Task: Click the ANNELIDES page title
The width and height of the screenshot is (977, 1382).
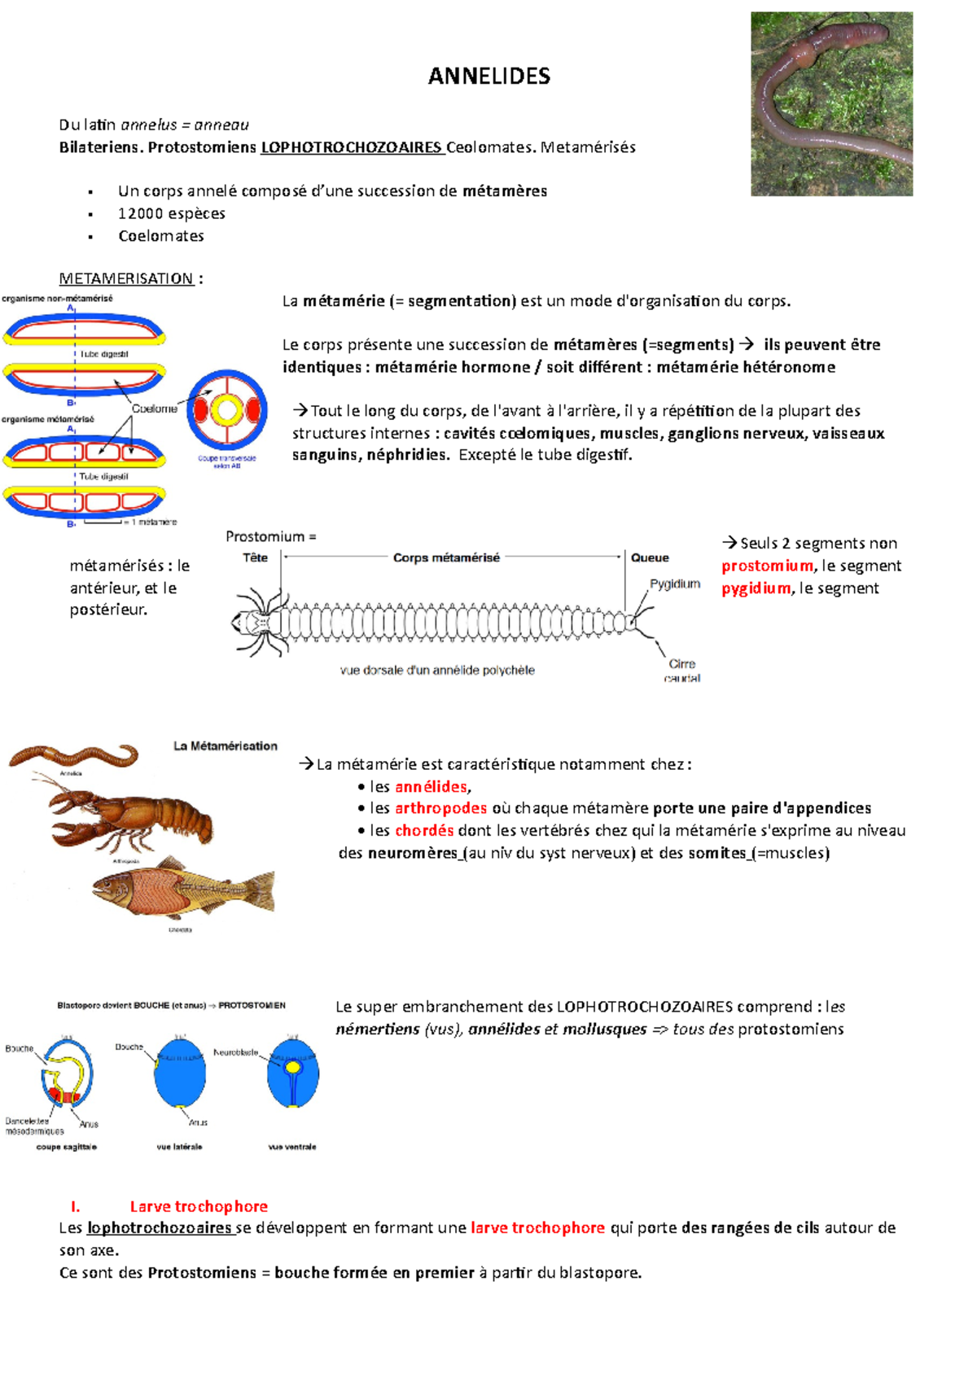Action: (489, 77)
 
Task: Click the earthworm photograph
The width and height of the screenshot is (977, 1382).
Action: (831, 103)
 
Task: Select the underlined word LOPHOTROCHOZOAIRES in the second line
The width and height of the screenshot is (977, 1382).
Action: (352, 147)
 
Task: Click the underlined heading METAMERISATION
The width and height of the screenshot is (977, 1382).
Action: (126, 278)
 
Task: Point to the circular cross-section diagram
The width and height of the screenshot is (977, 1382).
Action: (226, 410)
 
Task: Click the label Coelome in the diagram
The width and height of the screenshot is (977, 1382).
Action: (154, 409)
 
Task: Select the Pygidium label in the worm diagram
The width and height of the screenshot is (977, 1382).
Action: (674, 584)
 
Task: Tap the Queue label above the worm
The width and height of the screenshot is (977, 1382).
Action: (650, 558)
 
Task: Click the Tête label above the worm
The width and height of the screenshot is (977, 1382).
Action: (256, 558)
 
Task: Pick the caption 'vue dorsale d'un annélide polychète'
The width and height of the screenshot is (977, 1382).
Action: (437, 671)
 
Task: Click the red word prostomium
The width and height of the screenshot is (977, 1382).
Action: (767, 566)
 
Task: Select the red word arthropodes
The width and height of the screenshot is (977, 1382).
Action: (440, 808)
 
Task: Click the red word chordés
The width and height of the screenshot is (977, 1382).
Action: (424, 830)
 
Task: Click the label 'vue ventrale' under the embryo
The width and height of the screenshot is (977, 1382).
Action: (292, 1147)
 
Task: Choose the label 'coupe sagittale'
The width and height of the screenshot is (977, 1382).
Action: (66, 1147)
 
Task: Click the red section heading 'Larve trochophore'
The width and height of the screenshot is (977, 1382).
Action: (199, 1206)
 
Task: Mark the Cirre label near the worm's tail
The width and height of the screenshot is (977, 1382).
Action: (682, 664)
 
